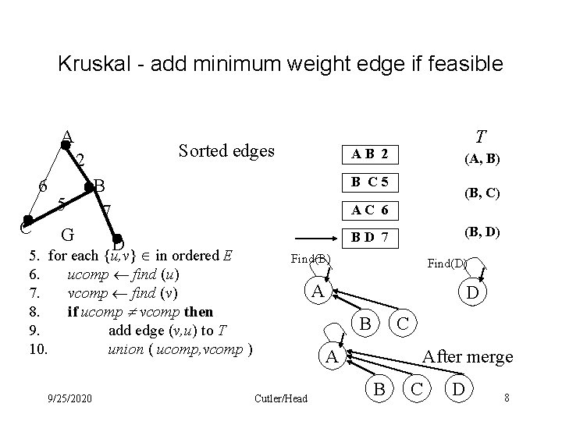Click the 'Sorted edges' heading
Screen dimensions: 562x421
point(226,150)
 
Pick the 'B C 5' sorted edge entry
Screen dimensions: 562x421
point(370,183)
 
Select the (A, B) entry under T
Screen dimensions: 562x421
point(482,160)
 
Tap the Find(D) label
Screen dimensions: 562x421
point(446,264)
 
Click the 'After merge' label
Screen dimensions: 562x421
point(468,356)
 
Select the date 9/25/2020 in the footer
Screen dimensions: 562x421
point(69,398)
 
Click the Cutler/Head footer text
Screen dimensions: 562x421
point(281,398)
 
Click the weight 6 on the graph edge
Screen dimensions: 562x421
point(44,187)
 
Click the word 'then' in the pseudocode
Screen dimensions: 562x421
point(198,312)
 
